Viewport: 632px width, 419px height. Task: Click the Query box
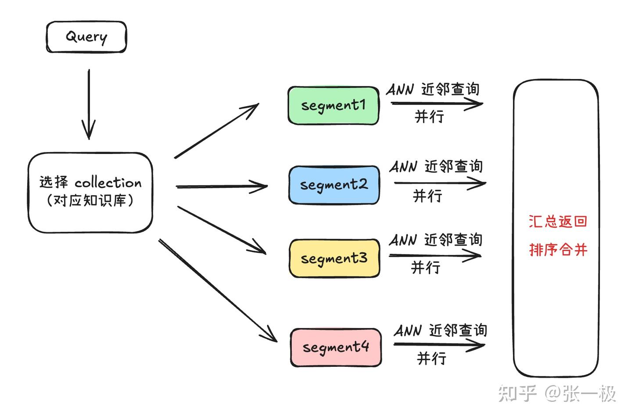pos(86,37)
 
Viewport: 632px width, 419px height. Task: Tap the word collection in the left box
pos(108,183)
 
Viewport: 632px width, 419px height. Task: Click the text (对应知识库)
pos(90,201)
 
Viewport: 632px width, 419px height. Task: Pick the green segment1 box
pos(333,106)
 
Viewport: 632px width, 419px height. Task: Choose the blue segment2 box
pos(334,185)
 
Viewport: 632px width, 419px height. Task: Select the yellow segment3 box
pos(334,258)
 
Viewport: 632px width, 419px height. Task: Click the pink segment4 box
pos(336,347)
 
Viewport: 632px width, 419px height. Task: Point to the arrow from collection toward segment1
pos(217,131)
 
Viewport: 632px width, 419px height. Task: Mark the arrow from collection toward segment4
pos(218,290)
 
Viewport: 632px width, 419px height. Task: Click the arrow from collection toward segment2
pos(222,186)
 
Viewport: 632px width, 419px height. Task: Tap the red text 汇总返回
pos(557,221)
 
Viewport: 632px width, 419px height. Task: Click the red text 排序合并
pos(558,250)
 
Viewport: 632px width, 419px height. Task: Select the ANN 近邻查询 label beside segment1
pos(433,90)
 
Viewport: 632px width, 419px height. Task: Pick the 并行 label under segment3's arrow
pos(425,267)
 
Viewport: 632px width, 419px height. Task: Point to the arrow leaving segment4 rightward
pos(439,344)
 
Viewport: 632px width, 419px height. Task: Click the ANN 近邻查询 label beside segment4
pos(440,331)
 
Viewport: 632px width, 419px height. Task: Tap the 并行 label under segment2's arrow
pos(427,196)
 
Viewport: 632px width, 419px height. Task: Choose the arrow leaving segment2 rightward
pos(440,183)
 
